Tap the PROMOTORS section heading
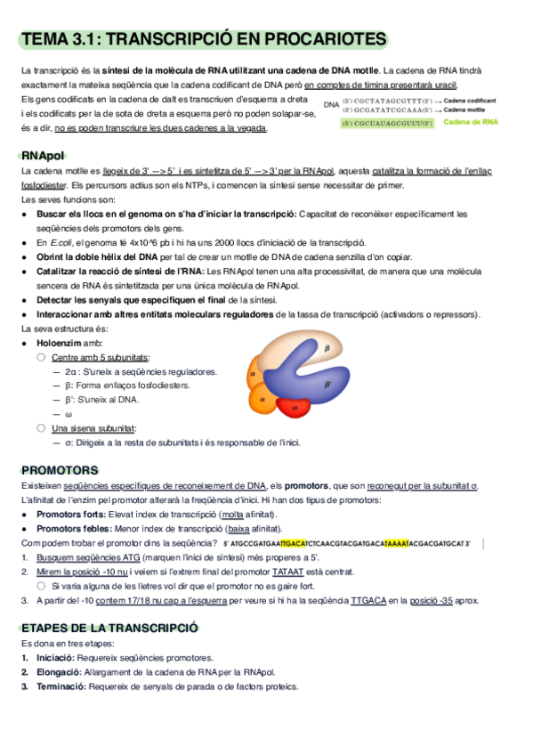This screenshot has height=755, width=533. click(x=59, y=469)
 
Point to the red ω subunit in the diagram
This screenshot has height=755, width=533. click(x=295, y=408)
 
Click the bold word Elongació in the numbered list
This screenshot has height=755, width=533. click(x=55, y=672)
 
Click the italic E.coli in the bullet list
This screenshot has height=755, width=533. click(x=60, y=242)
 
